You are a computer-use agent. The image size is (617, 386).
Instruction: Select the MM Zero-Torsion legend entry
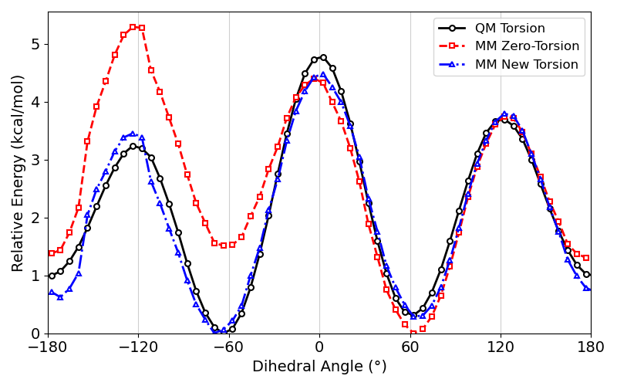(527, 46)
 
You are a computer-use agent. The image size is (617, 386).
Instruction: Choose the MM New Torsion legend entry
(526, 64)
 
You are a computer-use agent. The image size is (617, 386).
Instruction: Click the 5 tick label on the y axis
(35, 44)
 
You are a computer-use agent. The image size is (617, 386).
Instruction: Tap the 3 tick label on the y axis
(35, 160)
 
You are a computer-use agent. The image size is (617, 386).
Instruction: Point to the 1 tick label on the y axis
(35, 276)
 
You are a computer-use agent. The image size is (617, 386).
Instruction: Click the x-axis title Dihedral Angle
(319, 367)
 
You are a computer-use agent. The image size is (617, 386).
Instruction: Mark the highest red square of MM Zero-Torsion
(133, 27)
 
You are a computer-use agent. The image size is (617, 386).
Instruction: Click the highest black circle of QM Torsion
(323, 57)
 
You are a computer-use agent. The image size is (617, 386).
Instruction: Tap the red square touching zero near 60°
(413, 334)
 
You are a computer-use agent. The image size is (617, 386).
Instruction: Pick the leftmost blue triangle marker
(52, 293)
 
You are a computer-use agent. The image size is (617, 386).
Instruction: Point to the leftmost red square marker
(52, 253)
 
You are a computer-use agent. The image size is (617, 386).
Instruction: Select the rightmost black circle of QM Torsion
(586, 274)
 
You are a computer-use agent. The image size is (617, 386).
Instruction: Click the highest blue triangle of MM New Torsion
(323, 75)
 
